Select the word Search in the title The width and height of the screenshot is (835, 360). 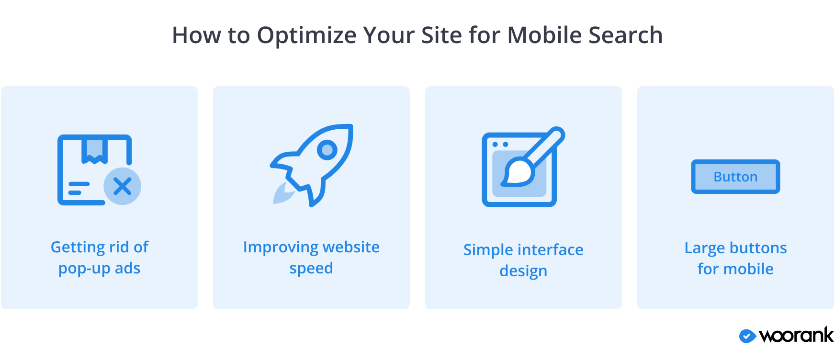click(x=625, y=35)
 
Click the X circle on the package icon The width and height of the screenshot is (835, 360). click(x=123, y=186)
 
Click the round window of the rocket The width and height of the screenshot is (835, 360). click(x=327, y=150)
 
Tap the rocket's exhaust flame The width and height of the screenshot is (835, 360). click(x=283, y=193)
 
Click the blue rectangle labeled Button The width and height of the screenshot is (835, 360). click(x=735, y=177)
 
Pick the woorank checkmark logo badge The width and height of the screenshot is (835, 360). click(x=747, y=336)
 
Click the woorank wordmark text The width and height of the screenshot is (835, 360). click(x=796, y=335)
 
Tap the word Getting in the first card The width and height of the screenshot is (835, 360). click(x=77, y=247)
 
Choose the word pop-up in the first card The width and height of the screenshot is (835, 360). click(x=84, y=269)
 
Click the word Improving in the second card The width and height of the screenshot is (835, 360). click(x=280, y=247)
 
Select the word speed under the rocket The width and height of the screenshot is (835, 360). click(x=311, y=269)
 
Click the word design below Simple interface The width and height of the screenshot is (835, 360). click(x=523, y=271)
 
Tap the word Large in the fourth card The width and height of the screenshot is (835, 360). click(x=705, y=248)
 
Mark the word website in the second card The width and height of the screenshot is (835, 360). click(x=351, y=247)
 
